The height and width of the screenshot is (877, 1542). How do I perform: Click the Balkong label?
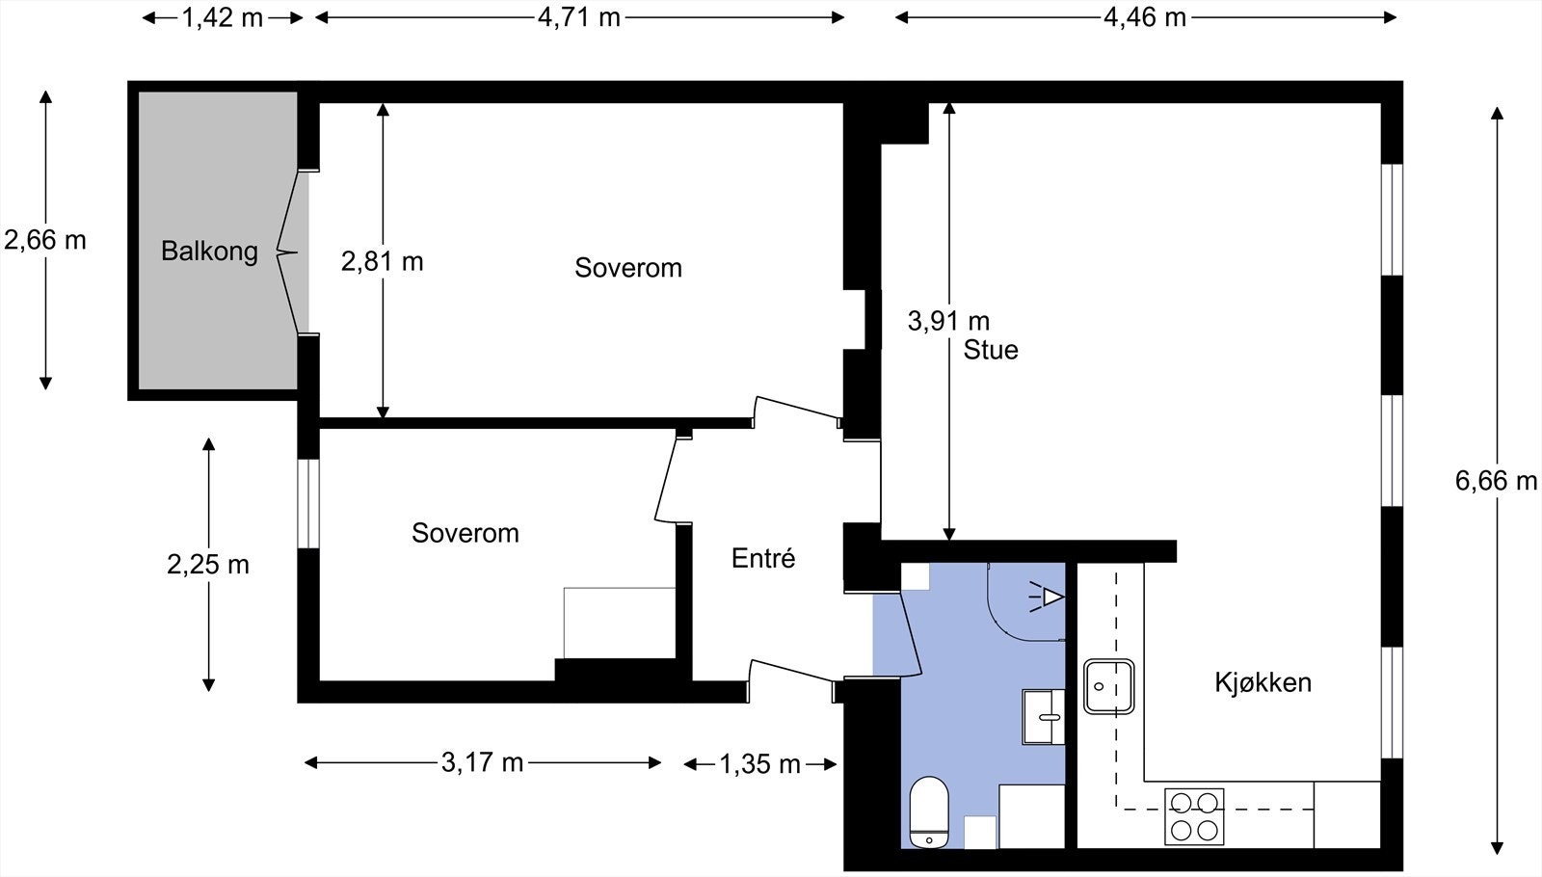(209, 252)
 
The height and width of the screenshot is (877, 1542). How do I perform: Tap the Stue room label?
(991, 350)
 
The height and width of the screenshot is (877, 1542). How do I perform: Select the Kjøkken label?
(1263, 683)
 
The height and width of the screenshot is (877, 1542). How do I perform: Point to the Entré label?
(762, 558)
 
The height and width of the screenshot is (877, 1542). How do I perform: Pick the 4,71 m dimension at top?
(579, 17)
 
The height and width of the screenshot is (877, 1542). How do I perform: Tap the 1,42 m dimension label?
(223, 17)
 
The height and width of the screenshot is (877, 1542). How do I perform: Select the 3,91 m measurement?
(948, 321)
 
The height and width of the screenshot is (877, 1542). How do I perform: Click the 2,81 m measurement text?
(382, 261)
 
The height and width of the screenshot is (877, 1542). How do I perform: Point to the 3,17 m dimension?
(483, 762)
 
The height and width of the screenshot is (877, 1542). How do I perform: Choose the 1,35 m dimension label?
(760, 763)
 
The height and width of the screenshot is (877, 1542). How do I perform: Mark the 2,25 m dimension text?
(208, 565)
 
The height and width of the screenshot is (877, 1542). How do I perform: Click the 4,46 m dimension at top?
(1146, 17)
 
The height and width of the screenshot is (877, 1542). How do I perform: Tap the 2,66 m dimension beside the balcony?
(45, 240)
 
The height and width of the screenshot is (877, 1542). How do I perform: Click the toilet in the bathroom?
(929, 812)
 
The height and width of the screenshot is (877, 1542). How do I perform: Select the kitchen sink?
(1109, 686)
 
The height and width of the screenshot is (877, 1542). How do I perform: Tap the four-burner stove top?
(1194, 816)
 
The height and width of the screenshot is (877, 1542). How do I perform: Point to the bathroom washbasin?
(1044, 717)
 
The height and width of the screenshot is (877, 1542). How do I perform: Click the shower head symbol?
(1047, 597)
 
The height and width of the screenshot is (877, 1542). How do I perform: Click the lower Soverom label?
(465, 534)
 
